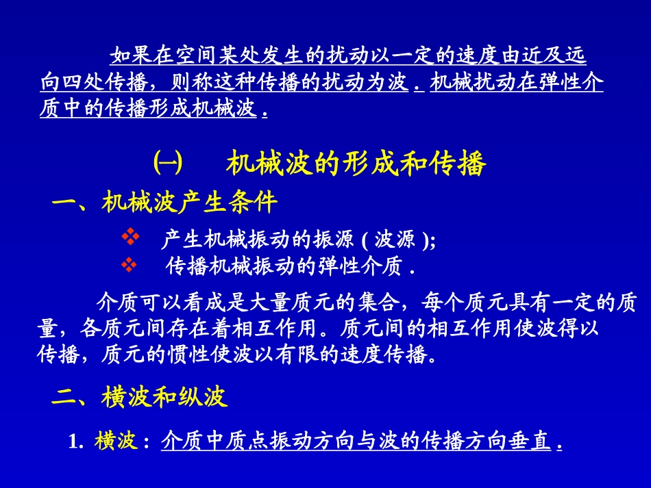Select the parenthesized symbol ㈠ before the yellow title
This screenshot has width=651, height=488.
(x=167, y=165)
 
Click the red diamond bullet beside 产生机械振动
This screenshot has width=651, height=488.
(x=130, y=237)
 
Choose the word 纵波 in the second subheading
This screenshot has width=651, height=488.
(x=205, y=398)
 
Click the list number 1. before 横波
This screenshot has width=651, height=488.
(x=75, y=443)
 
